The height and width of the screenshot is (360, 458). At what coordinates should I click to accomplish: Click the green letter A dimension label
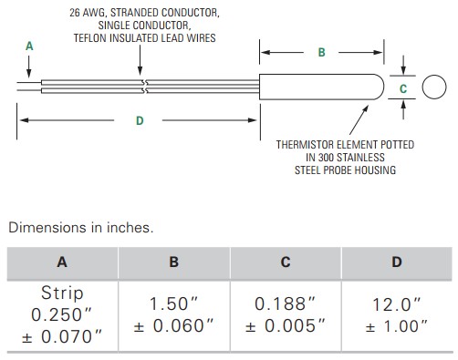point(29,46)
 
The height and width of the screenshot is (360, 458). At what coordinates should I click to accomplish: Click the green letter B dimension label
point(321,52)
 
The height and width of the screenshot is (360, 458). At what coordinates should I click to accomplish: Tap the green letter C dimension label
point(403,88)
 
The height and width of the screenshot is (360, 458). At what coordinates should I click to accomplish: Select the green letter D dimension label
point(140,121)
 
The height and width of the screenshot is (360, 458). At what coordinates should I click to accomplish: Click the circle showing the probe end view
point(422,87)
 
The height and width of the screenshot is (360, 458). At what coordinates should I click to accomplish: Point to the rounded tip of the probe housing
point(384,87)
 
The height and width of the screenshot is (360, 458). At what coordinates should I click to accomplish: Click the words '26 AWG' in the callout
point(88,13)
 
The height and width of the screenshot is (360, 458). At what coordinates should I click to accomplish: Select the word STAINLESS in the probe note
point(360,158)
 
